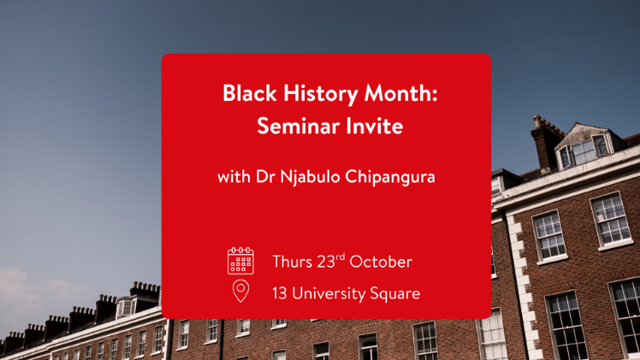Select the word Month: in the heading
click(x=400, y=93)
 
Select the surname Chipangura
click(x=390, y=177)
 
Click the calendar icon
click(x=240, y=261)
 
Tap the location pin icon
click(x=240, y=291)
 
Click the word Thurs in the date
click(x=293, y=262)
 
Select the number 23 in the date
click(x=326, y=262)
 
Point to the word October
click(x=381, y=262)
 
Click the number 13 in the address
click(x=280, y=293)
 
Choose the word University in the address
click(x=329, y=294)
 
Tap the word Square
click(x=394, y=294)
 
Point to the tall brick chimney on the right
click(x=546, y=142)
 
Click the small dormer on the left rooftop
click(x=127, y=307)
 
